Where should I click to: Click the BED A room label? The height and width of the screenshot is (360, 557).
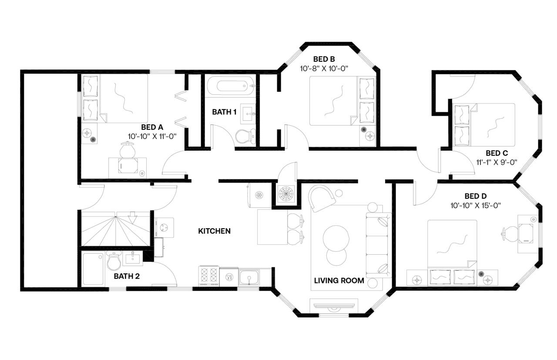152,127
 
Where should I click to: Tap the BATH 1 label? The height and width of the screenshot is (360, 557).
224,112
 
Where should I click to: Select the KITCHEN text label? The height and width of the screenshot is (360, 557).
215,231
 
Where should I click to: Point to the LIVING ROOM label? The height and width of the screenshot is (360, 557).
339,280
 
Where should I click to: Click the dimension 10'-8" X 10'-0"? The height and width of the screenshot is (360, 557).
324,69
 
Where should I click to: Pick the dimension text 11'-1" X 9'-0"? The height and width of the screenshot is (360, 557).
497,162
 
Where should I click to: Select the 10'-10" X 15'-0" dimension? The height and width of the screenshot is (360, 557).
476,206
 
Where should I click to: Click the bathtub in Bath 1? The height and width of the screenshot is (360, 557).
231,86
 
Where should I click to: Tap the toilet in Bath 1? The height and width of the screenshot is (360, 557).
245,136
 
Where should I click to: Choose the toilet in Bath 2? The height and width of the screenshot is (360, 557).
114,260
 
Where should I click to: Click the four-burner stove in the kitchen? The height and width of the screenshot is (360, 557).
209,276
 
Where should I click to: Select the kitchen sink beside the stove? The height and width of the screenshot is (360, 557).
249,277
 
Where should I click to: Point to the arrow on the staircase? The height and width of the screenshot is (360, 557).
132,218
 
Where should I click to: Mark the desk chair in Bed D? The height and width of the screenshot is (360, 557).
509,234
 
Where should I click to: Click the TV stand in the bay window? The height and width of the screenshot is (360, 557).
334,306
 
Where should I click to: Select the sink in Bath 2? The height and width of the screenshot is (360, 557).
134,258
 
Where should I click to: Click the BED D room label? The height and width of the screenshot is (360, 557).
476,196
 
